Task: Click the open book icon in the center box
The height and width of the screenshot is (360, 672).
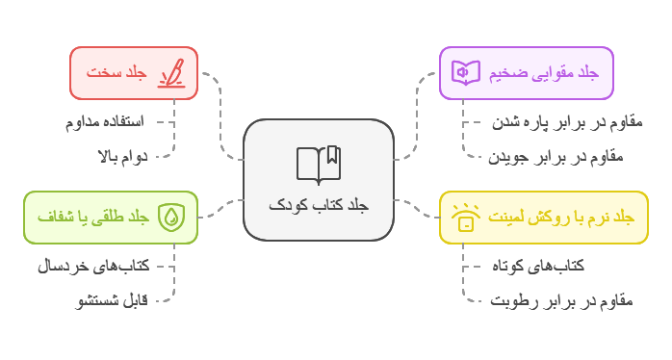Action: (319, 165)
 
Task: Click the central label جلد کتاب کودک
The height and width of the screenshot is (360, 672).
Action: (319, 205)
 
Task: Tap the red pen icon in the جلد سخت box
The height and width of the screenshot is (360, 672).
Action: (171, 73)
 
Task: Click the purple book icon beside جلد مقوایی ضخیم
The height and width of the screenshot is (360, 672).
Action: (466, 72)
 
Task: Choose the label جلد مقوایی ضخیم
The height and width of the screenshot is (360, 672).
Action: (543, 73)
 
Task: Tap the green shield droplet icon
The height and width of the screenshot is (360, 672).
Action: (171, 218)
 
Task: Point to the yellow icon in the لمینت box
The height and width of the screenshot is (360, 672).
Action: (466, 218)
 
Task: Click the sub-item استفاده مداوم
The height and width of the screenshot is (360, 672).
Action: (104, 122)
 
